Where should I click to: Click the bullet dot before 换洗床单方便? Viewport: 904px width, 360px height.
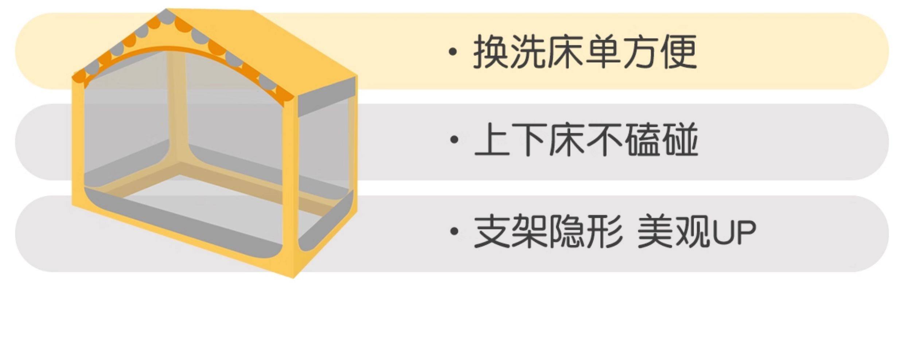tap(453, 52)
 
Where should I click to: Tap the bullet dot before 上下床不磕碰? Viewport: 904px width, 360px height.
tap(454, 140)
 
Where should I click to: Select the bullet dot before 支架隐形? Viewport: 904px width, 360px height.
tap(454, 231)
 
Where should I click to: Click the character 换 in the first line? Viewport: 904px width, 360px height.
tap(491, 52)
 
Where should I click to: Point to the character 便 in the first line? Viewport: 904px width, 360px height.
tap(679, 52)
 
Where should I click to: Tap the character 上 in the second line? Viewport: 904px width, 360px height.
tap(492, 140)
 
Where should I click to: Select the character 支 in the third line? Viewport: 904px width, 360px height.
tap(492, 231)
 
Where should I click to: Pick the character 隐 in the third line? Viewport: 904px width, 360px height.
tap(567, 231)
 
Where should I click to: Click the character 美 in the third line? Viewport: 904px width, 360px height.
tap(655, 231)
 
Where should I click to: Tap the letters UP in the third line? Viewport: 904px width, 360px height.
tap(733, 232)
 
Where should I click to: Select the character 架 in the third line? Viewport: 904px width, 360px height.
tap(529, 231)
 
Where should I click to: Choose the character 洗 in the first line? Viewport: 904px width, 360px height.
tap(529, 52)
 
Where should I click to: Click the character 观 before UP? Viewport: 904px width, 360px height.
tap(692, 231)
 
